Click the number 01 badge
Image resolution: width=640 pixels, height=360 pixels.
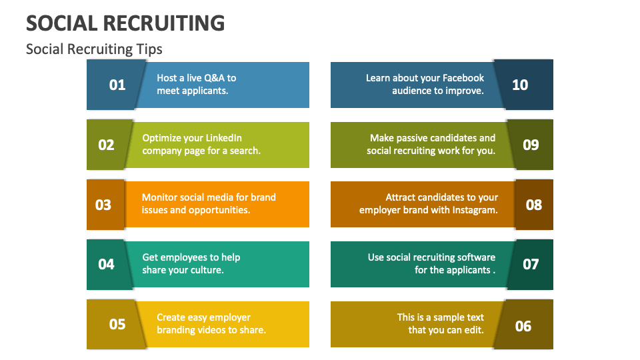point(117,85)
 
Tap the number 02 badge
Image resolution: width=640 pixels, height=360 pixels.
point(107,145)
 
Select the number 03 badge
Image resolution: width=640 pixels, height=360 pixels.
point(103,205)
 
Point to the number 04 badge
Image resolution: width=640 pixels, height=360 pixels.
point(107,264)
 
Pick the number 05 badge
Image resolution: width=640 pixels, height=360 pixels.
point(117,324)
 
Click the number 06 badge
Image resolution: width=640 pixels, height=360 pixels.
point(523,325)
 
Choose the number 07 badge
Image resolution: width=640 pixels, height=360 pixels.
point(531,264)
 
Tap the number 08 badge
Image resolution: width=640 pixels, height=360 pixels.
point(534,205)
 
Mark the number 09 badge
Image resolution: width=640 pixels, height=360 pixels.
point(531,145)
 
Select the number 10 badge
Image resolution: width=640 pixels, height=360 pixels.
point(520,85)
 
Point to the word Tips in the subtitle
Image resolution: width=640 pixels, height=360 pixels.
point(150,49)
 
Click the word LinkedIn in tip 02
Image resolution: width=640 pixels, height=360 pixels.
point(224,138)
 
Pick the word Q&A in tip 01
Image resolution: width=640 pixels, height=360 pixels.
point(213,78)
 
